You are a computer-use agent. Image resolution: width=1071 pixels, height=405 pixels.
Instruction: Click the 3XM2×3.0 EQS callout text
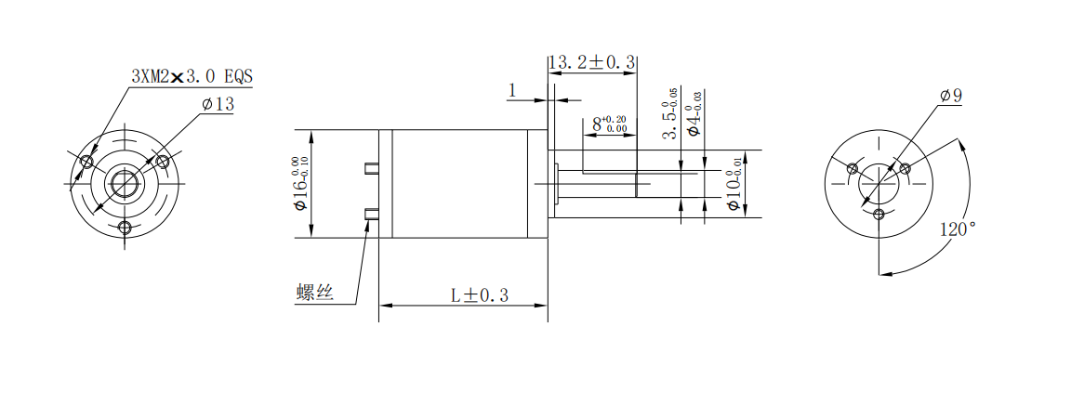pyautogui.click(x=192, y=76)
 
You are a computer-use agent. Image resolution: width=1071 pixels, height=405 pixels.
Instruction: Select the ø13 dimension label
pyautogui.click(x=218, y=104)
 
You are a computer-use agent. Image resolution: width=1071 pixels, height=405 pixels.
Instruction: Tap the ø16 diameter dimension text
pyautogui.click(x=300, y=184)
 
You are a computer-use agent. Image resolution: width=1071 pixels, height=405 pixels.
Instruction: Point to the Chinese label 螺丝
pyautogui.click(x=315, y=293)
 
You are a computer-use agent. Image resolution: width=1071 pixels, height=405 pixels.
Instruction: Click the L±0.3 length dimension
pyautogui.click(x=480, y=295)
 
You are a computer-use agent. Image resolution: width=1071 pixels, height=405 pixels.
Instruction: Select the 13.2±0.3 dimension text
pyautogui.click(x=592, y=63)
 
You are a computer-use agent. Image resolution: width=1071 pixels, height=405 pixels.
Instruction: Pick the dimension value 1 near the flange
pyautogui.click(x=512, y=90)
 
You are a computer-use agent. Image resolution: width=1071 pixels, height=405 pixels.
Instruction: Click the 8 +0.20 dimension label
pyautogui.click(x=610, y=124)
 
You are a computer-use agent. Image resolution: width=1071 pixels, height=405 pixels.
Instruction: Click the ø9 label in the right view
pyautogui.click(x=951, y=96)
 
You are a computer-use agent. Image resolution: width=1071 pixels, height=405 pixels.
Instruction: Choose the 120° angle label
pyautogui.click(x=958, y=229)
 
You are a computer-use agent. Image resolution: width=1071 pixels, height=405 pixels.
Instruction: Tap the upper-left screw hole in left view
pyautogui.click(x=86, y=162)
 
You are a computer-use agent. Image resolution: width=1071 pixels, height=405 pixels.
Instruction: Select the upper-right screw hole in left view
pyautogui.click(x=163, y=162)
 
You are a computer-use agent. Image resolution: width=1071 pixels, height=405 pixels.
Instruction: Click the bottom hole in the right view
pyautogui.click(x=879, y=216)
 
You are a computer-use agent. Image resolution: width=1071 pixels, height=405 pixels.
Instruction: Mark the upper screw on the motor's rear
pyautogui.click(x=372, y=169)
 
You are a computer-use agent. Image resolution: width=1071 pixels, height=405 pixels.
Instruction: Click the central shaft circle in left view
pyautogui.click(x=125, y=184)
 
